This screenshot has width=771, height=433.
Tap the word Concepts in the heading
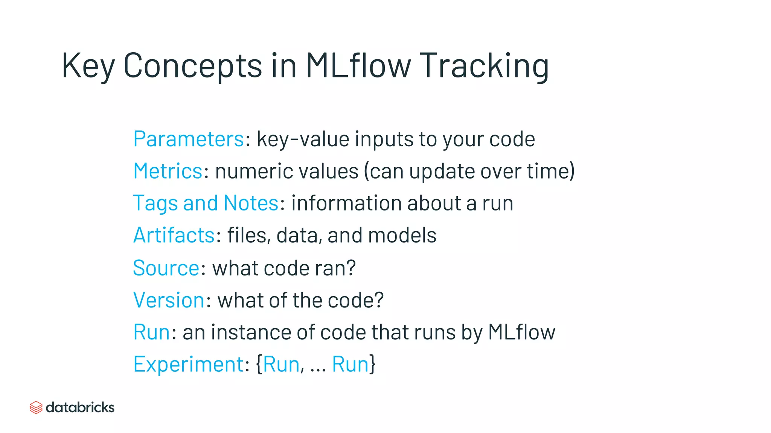pyautogui.click(x=192, y=66)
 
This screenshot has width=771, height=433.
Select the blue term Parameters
pyautogui.click(x=189, y=139)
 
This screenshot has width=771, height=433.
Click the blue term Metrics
pyautogui.click(x=168, y=171)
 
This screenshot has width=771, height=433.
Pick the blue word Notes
pyautogui.click(x=251, y=203)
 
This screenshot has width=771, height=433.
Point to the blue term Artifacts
pyautogui.click(x=174, y=235)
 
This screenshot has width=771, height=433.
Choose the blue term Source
pyautogui.click(x=166, y=268)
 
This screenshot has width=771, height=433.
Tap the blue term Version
pyautogui.click(x=169, y=300)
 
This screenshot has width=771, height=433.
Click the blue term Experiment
pyautogui.click(x=189, y=364)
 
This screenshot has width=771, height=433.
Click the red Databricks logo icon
pyautogui.click(x=36, y=407)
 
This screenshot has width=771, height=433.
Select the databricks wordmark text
pyautogui.click(x=80, y=407)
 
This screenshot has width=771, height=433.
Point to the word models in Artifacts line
pyautogui.click(x=402, y=235)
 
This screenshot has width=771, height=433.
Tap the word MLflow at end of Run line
pyautogui.click(x=521, y=332)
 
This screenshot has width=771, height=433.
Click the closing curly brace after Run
pyautogui.click(x=372, y=364)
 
